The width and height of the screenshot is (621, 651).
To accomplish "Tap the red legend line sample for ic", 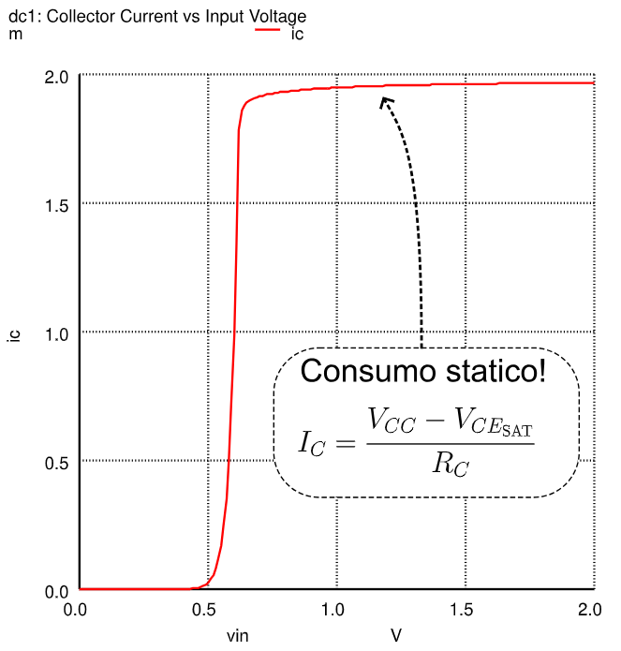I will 268,30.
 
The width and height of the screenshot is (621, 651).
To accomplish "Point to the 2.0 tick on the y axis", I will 57,76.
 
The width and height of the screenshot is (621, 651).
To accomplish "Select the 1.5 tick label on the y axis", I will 57,204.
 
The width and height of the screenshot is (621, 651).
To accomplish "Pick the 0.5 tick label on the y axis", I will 57,462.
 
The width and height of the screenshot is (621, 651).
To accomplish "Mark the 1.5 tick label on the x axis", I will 462,610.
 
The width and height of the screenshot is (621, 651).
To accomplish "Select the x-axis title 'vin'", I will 238,637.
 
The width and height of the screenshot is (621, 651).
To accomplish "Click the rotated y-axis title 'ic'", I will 13,333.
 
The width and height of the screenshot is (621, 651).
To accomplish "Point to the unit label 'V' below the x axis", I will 396,636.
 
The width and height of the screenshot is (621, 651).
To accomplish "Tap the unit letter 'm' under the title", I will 14,34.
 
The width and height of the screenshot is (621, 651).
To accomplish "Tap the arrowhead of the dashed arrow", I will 384,100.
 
